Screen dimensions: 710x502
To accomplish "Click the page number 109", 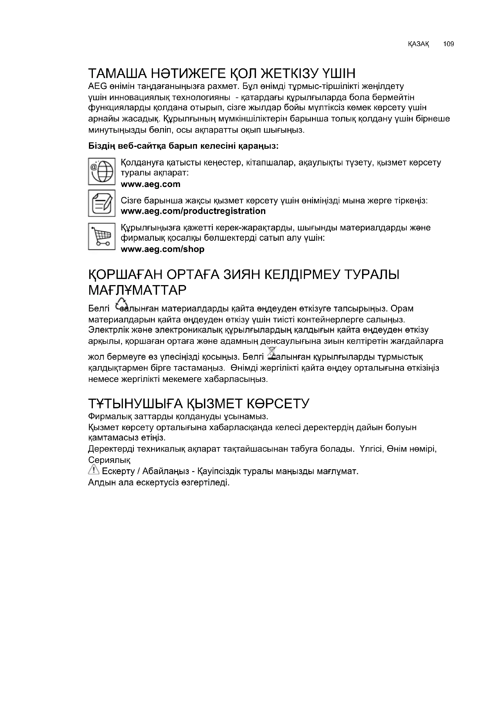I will point(448,44).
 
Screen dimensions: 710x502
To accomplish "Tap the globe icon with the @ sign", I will point(102,171).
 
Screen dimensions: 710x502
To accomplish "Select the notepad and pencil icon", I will point(102,203).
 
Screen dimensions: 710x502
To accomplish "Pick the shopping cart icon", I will point(102,236).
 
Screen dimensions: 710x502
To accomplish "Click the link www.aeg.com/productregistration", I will point(193,211).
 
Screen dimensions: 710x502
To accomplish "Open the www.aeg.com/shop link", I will point(163,249).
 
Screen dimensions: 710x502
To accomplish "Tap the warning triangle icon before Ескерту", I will point(93,471).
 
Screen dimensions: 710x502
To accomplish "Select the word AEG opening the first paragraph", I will point(97,86).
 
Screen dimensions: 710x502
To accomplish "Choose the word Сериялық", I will point(109,460).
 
